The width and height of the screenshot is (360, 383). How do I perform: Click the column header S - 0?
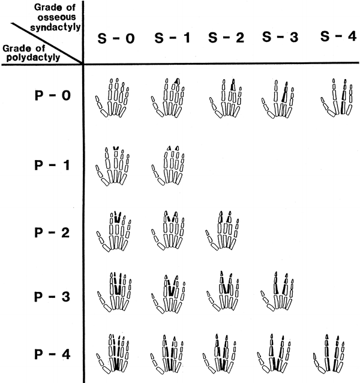pyautogui.click(x=116, y=38)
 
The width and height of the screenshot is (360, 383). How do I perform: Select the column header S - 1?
pyautogui.click(x=172, y=38)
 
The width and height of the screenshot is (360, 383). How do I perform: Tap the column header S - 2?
pyautogui.click(x=226, y=38)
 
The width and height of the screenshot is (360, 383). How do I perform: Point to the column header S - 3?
pyautogui.click(x=280, y=37)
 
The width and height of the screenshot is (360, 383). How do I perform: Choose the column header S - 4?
pyautogui.click(x=338, y=37)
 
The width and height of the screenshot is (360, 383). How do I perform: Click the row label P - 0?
pyautogui.click(x=53, y=95)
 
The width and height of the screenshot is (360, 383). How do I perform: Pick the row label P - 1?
pyautogui.click(x=52, y=165)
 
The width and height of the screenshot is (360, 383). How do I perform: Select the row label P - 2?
pyautogui.click(x=52, y=233)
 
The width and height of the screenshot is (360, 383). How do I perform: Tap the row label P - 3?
pyautogui.click(x=52, y=297)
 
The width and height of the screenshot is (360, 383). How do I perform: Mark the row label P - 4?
pyautogui.click(x=52, y=354)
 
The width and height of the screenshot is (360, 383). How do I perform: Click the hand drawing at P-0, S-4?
pyautogui.click(x=337, y=98)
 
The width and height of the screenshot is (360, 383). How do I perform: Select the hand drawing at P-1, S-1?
pyautogui.click(x=168, y=165)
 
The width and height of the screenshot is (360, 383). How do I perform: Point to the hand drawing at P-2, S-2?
pyautogui.click(x=222, y=231)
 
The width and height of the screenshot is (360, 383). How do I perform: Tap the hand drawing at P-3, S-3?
pyautogui.click(x=277, y=291)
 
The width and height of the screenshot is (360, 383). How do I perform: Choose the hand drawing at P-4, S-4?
pyautogui.click(x=329, y=354)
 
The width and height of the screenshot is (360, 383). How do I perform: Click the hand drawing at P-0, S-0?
pyautogui.click(x=112, y=98)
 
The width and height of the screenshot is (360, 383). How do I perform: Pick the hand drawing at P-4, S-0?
pyautogui.click(x=113, y=354)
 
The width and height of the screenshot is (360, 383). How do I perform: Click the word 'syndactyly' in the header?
pyautogui.click(x=56, y=27)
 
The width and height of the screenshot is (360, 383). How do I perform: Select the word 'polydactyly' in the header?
pyautogui.click(x=33, y=58)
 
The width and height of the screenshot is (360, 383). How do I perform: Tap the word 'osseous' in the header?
pyautogui.click(x=57, y=17)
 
